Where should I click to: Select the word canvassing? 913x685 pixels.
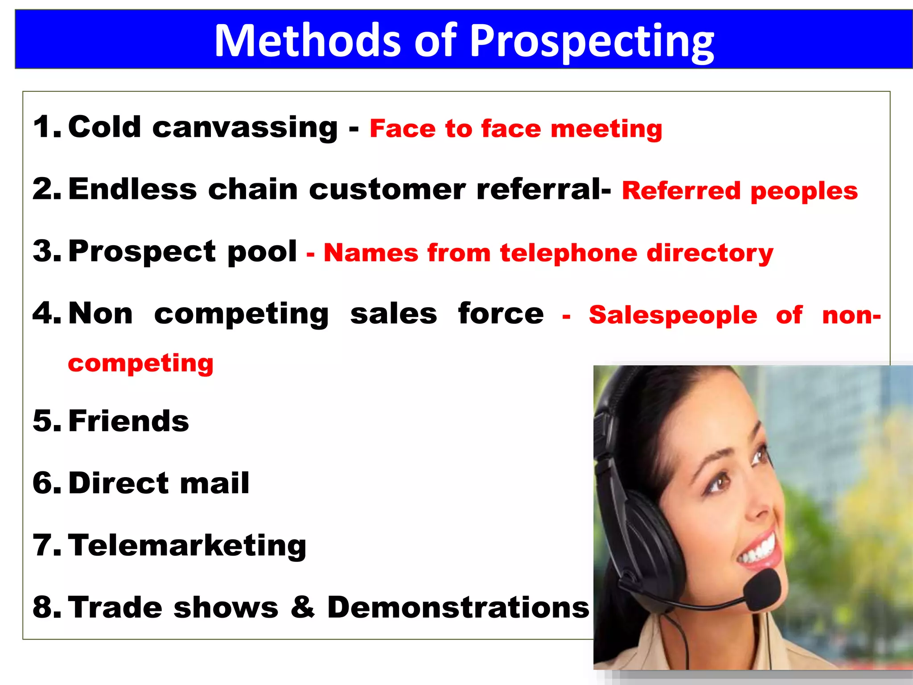[245, 128]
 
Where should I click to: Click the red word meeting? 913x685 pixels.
[606, 129]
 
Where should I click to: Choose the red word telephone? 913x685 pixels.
[568, 253]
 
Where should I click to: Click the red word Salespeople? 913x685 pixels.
[673, 315]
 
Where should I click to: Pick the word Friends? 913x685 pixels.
[129, 421]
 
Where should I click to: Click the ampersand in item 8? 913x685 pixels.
[303, 607]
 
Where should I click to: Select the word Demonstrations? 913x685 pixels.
[458, 607]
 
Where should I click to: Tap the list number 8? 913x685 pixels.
[45, 607]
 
